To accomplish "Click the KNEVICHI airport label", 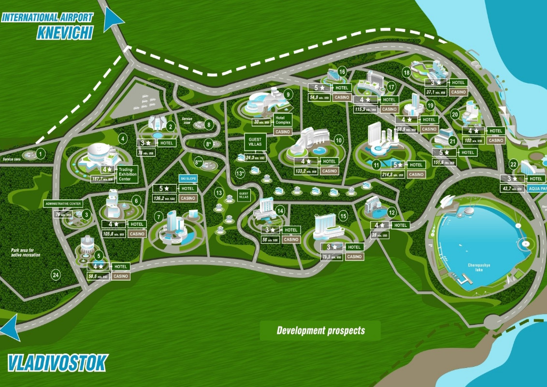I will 64,32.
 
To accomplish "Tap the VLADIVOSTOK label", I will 57,362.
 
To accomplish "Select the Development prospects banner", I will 320,331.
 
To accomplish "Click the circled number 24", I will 56,275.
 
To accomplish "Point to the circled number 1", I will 41,154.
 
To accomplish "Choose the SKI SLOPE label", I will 188,178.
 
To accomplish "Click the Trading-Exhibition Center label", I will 128,172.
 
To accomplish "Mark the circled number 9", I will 288,94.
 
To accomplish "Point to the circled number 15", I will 344,216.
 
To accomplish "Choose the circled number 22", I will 514,164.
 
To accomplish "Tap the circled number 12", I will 392,212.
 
